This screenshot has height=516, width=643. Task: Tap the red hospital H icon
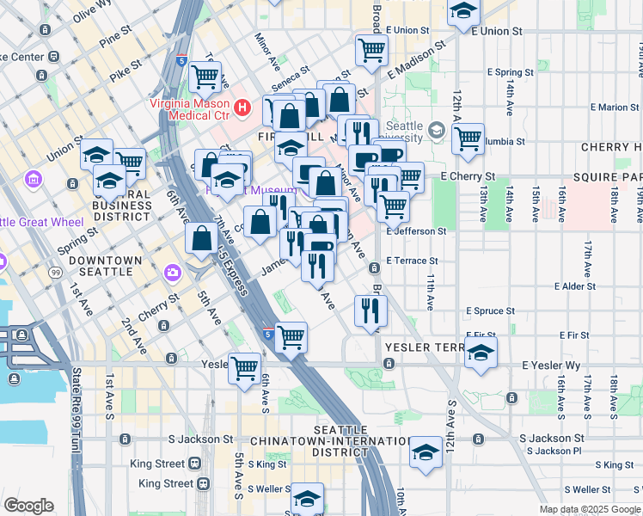coord(243,109)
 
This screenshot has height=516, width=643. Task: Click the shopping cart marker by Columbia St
coord(468,138)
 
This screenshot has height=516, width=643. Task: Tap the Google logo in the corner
coord(28,506)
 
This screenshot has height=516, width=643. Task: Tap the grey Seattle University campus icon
coord(436,131)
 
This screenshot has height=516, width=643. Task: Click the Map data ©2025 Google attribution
coord(590,509)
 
